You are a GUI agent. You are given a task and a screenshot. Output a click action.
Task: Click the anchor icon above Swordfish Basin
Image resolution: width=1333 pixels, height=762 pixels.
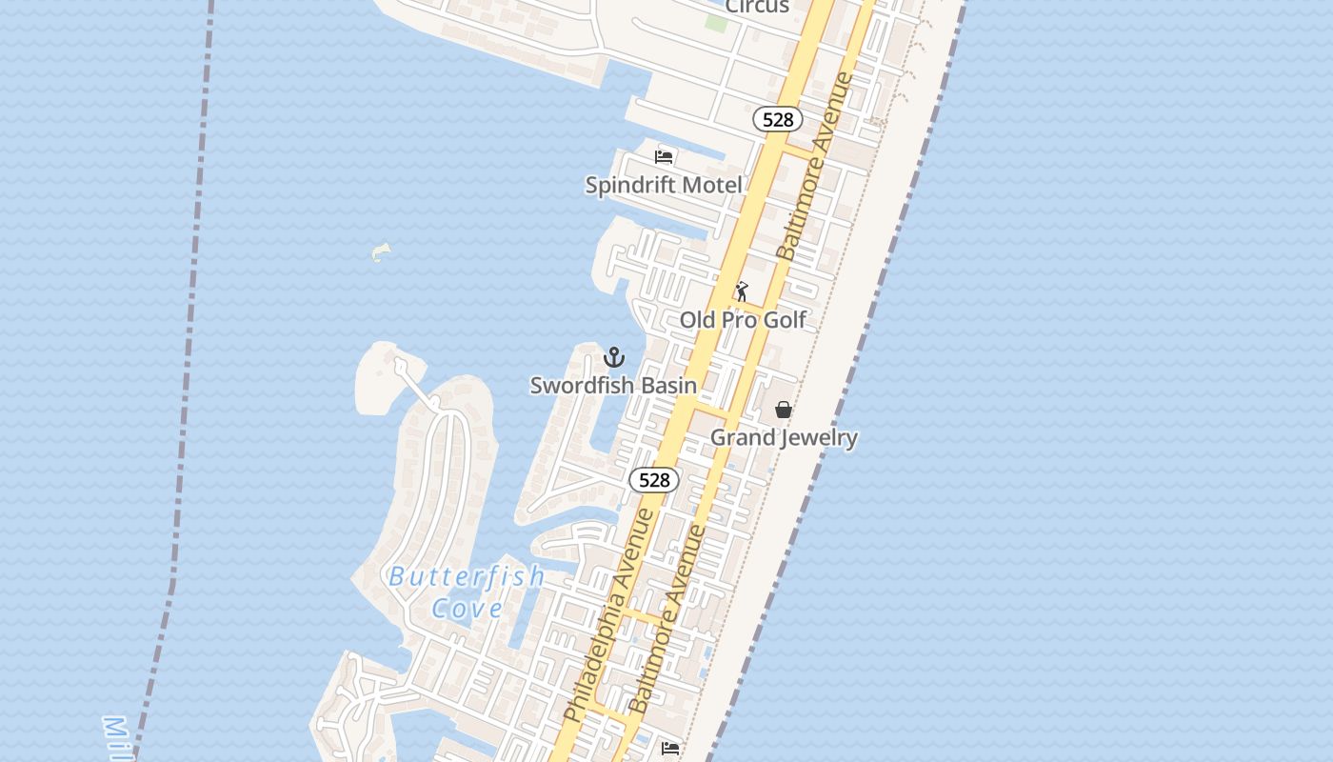coord(614,358)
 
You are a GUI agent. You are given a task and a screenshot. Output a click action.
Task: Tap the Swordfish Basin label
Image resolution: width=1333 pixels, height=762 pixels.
coord(613,386)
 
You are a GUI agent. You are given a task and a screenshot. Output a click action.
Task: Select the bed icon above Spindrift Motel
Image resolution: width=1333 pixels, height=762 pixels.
coord(664,156)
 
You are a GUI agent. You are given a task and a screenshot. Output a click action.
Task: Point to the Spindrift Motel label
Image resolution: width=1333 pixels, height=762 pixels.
coord(664,185)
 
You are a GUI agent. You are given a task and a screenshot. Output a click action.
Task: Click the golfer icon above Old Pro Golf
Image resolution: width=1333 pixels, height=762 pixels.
coord(742,291)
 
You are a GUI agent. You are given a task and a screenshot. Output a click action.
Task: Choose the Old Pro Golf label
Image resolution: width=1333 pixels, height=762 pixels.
coord(743,320)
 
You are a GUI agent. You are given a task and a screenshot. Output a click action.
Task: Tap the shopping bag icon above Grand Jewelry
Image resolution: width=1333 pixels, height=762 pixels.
coord(784,410)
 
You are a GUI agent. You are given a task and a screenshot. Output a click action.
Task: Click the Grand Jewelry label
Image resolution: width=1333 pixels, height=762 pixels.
coord(785,438)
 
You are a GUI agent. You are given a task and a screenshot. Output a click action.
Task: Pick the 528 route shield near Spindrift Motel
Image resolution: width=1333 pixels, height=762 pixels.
coord(778,119)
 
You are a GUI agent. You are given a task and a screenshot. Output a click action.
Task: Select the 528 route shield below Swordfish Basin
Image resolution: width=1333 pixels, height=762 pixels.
coord(654,480)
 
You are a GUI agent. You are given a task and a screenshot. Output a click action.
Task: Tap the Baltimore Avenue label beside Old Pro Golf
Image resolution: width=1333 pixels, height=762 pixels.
coord(815,166)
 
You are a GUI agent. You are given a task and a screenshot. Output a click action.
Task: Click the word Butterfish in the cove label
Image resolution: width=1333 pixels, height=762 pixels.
coord(467,576)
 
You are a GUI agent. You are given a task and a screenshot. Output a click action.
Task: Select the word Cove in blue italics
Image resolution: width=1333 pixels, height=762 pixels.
coord(467,608)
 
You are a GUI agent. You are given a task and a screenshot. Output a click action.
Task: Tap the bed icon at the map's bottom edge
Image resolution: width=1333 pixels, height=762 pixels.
coord(670,749)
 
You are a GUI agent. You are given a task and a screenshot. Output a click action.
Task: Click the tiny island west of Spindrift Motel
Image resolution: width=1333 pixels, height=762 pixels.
coord(381,252)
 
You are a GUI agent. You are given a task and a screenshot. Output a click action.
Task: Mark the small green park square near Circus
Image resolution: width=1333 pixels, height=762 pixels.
coord(716,22)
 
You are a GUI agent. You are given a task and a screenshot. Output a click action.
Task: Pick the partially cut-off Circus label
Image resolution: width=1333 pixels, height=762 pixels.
coord(757,7)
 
